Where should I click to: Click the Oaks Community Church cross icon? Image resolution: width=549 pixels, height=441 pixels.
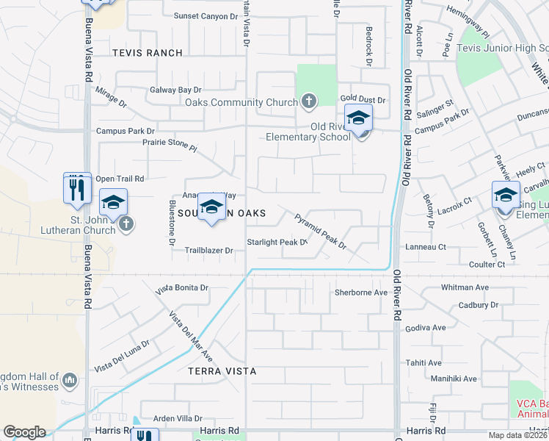click(x=309, y=102)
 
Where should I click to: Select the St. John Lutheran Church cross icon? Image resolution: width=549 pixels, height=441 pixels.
click(x=126, y=223)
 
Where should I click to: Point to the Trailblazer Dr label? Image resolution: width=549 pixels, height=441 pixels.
click(x=208, y=251)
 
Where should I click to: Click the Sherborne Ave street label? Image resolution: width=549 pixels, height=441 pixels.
click(x=360, y=292)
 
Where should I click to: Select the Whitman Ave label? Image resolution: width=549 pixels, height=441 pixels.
click(x=465, y=287)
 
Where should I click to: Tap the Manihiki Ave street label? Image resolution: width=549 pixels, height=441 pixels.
click(x=454, y=379)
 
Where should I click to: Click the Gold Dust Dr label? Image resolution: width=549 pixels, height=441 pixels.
click(x=363, y=98)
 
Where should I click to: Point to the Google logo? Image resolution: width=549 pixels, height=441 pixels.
click(x=24, y=432)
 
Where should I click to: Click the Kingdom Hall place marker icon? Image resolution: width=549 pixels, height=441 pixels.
click(x=70, y=380)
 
